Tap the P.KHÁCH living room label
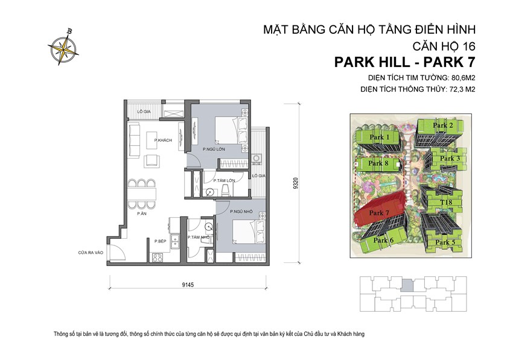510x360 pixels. click(x=163, y=141)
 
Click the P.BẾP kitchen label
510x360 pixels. click(x=160, y=241)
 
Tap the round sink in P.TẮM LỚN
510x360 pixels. click(x=209, y=192)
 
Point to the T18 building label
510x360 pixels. click(x=446, y=203)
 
